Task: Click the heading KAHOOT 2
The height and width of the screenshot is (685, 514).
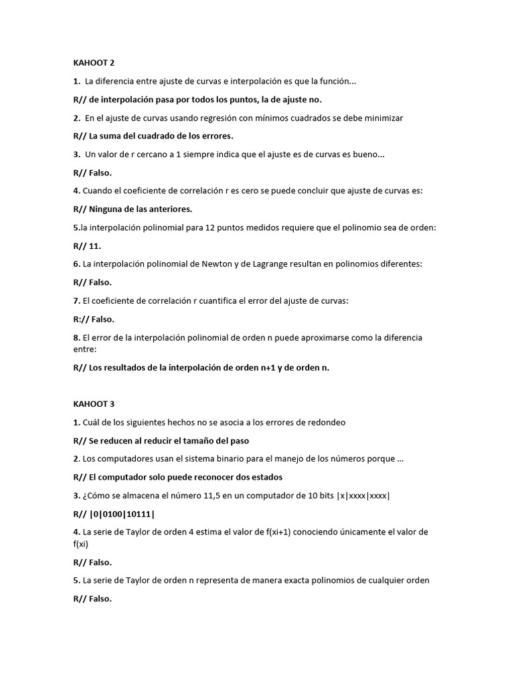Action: [94, 63]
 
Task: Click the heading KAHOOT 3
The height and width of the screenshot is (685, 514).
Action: [94, 404]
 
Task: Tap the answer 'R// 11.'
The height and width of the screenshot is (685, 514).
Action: [87, 246]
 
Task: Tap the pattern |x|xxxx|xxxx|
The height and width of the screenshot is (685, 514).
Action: [356, 496]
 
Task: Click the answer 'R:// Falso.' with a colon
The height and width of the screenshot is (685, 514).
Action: [94, 319]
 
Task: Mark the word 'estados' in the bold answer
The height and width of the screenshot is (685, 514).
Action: [267, 477]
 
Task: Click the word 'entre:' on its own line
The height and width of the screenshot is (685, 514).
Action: [85, 349]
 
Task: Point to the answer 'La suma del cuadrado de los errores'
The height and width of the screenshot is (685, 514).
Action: [161, 136]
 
